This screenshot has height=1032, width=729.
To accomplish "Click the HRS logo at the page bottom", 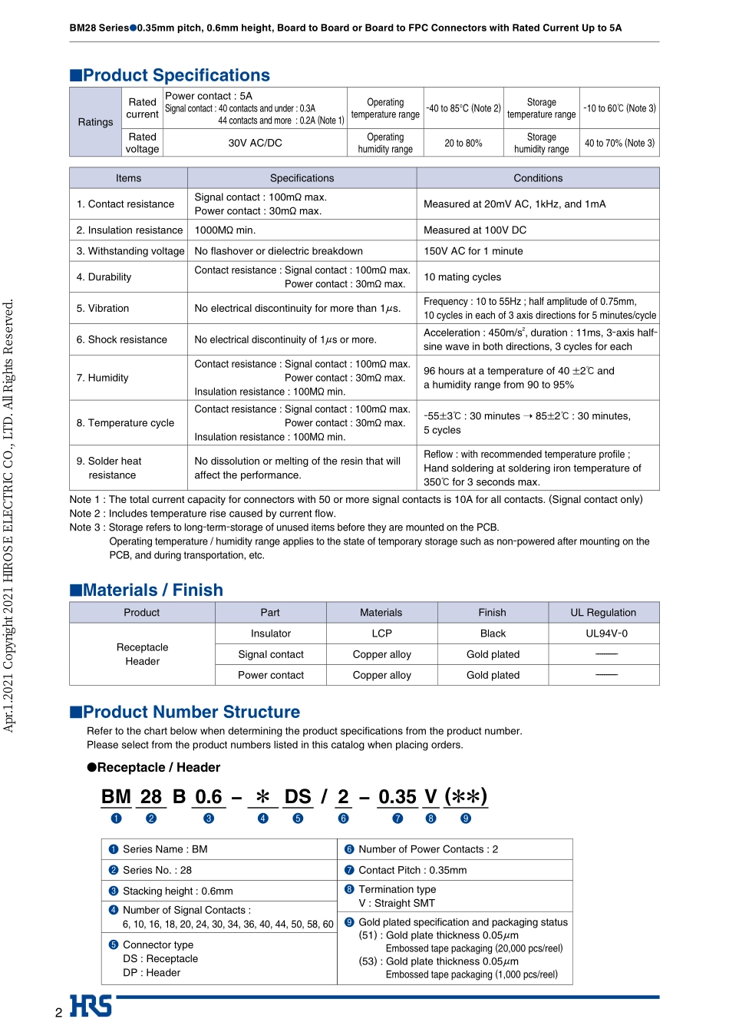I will point(91,1006).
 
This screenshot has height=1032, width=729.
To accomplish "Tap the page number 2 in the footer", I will point(58,1013).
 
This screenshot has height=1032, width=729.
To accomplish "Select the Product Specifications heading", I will point(176,75).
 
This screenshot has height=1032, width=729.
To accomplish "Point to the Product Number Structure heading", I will point(191,712).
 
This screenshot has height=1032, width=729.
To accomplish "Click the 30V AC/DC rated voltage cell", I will point(255,143).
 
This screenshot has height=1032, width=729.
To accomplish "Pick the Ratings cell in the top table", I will point(95,122).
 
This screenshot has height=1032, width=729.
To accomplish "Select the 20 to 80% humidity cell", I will point(463,143).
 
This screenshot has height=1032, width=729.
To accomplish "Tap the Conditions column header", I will point(538,178).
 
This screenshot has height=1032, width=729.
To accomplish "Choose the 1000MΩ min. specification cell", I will point(225,230).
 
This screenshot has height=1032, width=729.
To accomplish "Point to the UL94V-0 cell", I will point(606,633).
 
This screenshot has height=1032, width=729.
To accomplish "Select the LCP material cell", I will point(381,633).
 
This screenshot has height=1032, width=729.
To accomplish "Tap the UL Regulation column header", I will point(602,613).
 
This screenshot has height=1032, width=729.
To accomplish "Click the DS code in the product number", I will point(298,797).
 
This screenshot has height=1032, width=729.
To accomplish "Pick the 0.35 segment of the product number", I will point(397,797).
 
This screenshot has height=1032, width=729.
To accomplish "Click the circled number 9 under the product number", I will point(466,819).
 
